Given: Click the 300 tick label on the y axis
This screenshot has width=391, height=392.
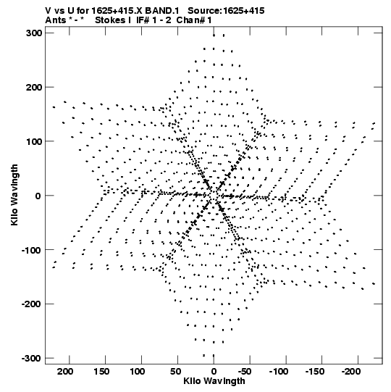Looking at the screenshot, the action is [34, 33].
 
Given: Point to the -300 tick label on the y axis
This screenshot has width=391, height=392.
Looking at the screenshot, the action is [32, 358].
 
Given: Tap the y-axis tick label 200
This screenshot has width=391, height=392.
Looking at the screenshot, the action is [34, 87].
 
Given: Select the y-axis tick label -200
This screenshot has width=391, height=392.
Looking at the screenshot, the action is [32, 304].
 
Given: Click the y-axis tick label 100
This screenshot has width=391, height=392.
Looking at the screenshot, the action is [34, 141].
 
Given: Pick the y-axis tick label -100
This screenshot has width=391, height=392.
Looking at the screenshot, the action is [32, 250].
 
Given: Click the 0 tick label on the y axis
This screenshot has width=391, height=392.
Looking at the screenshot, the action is [38, 196].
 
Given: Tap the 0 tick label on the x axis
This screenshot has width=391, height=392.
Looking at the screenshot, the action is [214, 372].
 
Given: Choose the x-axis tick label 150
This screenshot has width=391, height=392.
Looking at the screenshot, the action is [101, 372].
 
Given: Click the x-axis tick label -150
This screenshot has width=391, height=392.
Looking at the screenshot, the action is [315, 372].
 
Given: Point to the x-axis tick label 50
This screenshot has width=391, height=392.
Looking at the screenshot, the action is [175, 372].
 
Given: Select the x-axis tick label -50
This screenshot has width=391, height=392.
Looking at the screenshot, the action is [245, 372].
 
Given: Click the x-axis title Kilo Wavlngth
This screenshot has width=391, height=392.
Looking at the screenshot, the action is [214, 381].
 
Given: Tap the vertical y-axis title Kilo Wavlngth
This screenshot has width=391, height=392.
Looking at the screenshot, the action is [14, 195].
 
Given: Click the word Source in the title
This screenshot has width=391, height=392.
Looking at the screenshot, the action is [204, 11].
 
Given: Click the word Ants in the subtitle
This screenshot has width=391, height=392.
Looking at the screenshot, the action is [55, 20].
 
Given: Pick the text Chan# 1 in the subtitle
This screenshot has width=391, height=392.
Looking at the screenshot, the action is [194, 20].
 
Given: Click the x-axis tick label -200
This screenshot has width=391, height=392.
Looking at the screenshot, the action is [351, 372].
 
